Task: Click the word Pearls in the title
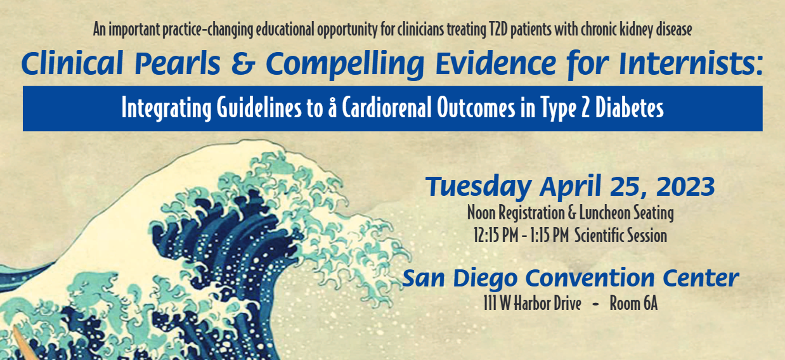[178, 63]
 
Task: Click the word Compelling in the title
[345, 65]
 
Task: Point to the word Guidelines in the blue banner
[259, 108]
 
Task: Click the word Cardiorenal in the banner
[387, 108]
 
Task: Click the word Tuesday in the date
[478, 186]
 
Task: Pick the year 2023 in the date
[685, 186]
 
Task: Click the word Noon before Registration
[481, 213]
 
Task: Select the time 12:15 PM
[496, 235]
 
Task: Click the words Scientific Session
[621, 235]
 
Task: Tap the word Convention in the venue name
[590, 278]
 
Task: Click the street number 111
[490, 303]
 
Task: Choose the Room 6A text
[633, 303]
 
